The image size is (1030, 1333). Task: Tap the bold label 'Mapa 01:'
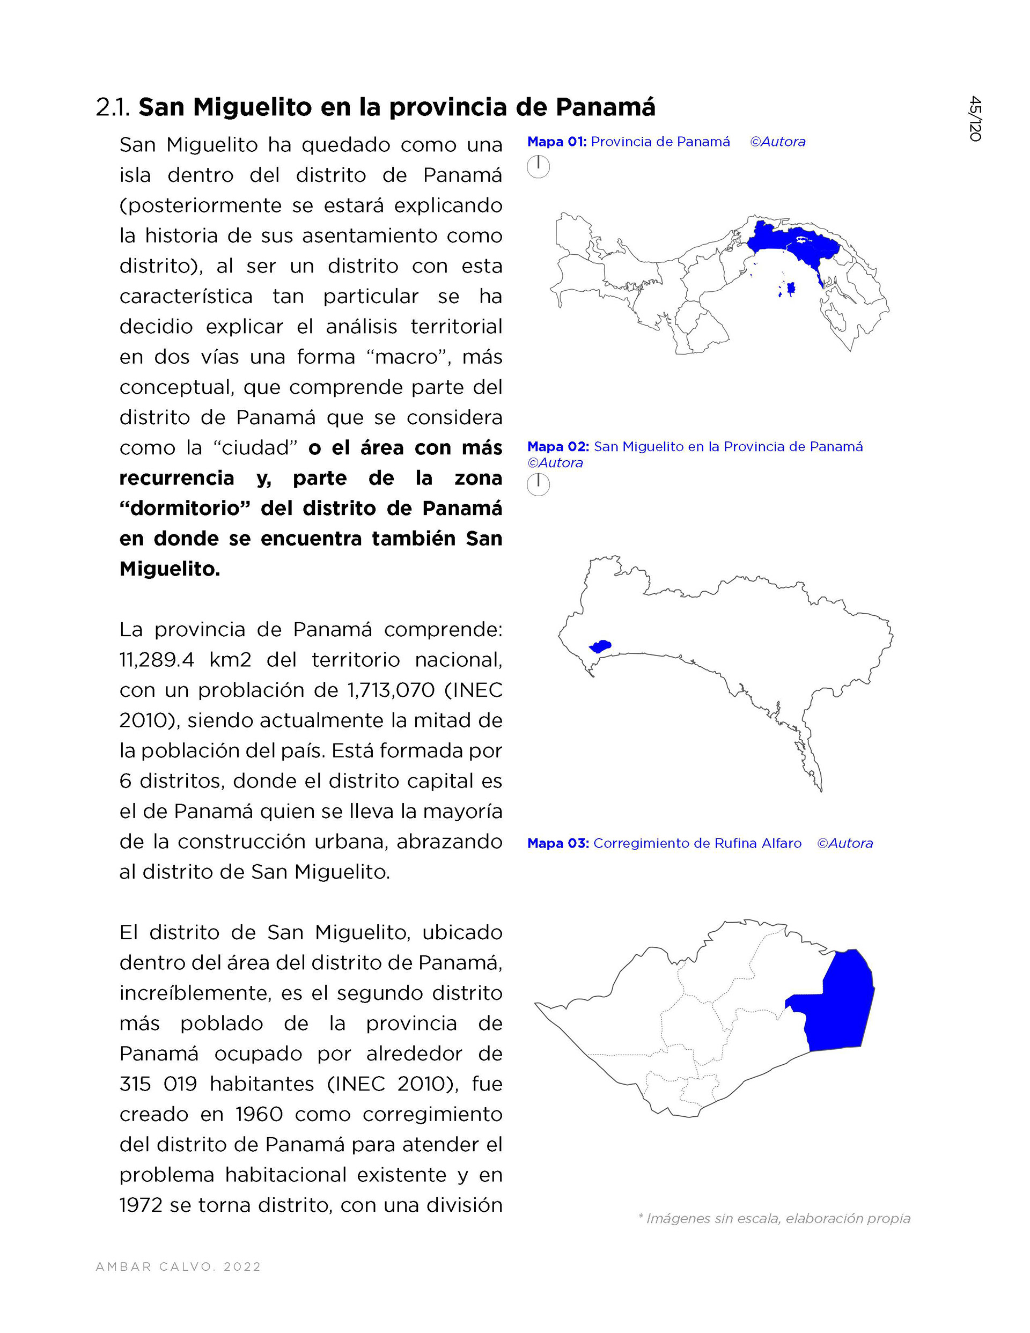557,142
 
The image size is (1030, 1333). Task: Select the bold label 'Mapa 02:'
558,447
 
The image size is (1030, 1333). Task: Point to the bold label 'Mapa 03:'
558,843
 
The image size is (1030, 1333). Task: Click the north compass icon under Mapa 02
538,484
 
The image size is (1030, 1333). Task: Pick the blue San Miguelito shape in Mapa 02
601,646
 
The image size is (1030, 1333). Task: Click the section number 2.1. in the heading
113,107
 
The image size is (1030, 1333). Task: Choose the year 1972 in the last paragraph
142,1205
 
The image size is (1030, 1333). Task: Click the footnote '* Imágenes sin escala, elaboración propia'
774,1218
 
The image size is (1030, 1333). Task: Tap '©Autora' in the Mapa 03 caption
845,843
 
